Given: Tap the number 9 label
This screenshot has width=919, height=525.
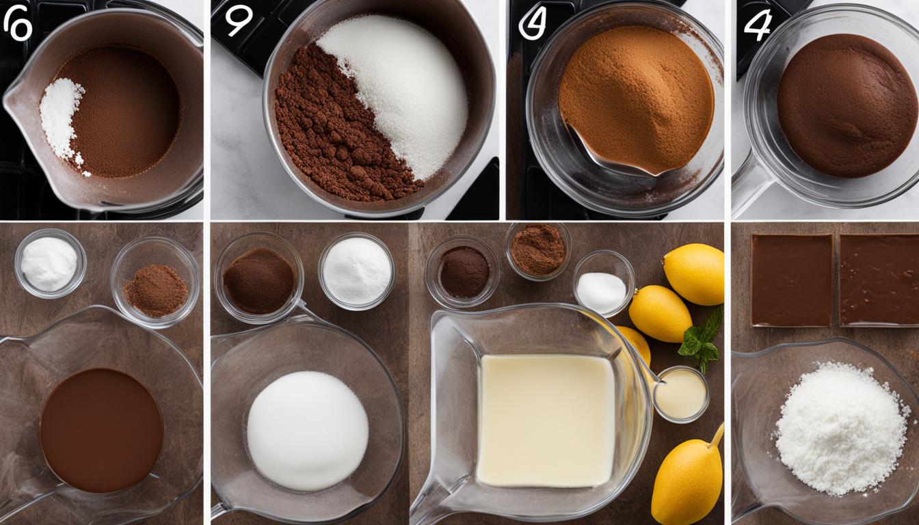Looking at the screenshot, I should click(239, 21).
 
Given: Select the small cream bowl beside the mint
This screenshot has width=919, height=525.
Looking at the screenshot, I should click(680, 394).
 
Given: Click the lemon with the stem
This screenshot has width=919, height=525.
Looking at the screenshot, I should click(687, 482).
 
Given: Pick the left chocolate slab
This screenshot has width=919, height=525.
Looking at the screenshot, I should click(792, 280).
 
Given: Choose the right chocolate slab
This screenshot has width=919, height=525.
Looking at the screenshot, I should click(879, 280).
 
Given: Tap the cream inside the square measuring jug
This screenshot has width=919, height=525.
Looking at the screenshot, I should click(546, 420).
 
